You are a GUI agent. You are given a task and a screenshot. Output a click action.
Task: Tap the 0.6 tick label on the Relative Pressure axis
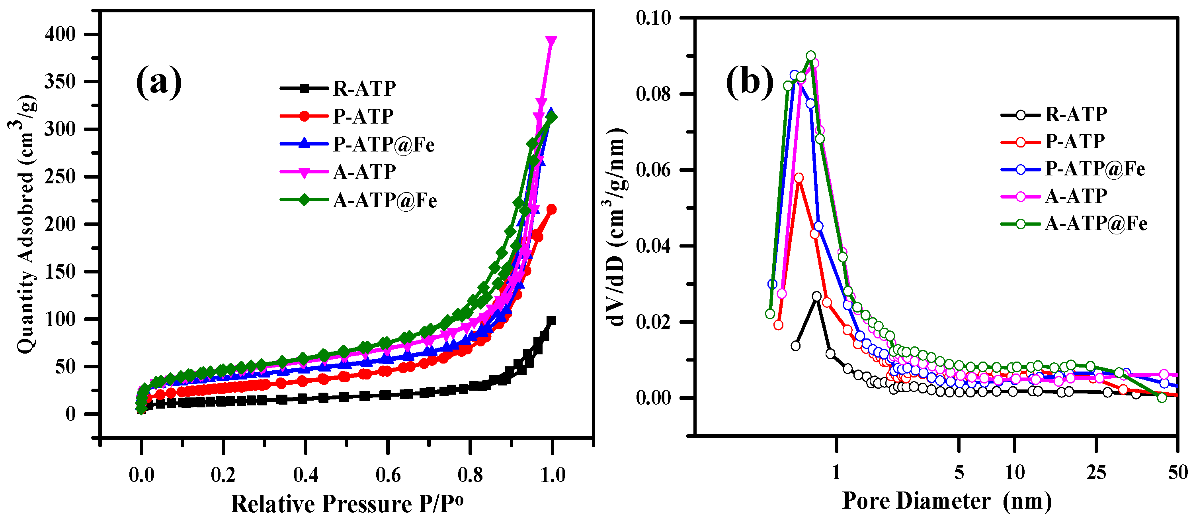[x=388, y=475]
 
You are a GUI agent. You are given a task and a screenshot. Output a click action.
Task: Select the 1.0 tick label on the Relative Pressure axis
[x=553, y=475]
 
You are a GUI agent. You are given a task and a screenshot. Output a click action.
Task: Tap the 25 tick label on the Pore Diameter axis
[x=1096, y=473]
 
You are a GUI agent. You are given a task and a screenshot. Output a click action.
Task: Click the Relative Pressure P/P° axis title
[x=346, y=504]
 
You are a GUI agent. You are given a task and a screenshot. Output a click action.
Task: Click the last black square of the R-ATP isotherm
[x=551, y=321]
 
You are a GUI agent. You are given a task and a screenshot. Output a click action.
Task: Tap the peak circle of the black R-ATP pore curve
[x=816, y=296]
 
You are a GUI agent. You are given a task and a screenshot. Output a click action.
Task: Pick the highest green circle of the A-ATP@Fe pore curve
[x=811, y=56]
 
